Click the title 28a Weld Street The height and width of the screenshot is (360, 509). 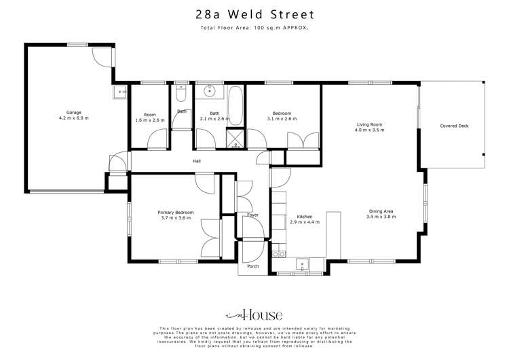click(x=254, y=14)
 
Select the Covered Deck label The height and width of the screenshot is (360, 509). click(x=454, y=126)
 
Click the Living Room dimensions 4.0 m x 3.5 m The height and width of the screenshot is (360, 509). click(x=369, y=130)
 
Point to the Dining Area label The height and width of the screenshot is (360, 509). click(x=381, y=211)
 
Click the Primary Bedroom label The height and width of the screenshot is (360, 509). click(x=176, y=213)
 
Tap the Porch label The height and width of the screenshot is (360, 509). click(x=253, y=266)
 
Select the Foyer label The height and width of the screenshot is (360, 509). click(x=252, y=215)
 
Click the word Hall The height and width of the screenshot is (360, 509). click(x=197, y=161)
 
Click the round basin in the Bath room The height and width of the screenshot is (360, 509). click(x=210, y=90)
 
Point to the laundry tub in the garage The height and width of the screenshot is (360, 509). click(x=121, y=92)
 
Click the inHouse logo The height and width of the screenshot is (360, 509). click(x=254, y=315)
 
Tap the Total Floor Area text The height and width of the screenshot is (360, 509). click(x=254, y=29)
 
